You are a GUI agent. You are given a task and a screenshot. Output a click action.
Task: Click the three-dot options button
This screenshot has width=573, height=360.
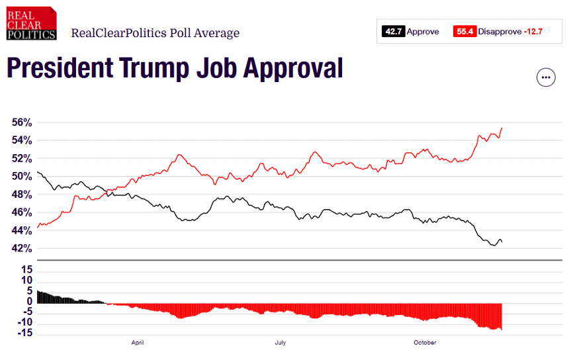[545, 77]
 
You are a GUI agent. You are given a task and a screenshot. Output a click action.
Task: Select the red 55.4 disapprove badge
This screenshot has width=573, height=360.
[465, 32]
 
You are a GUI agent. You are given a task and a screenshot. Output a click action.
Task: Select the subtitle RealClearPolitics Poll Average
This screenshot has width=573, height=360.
[155, 33]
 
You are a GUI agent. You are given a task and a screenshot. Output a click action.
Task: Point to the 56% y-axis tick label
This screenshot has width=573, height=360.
[22, 122]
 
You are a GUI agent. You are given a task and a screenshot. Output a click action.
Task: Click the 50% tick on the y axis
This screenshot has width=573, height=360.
[22, 177]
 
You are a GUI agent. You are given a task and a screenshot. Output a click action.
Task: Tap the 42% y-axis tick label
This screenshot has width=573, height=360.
[22, 249]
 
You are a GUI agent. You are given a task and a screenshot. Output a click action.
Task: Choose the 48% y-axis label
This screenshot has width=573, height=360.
[22, 195]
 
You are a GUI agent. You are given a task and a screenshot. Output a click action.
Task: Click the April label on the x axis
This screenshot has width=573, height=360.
[138, 343]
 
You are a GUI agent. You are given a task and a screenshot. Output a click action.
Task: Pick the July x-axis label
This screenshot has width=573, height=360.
[281, 343]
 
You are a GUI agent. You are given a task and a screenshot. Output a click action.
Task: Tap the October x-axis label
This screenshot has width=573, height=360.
[425, 343]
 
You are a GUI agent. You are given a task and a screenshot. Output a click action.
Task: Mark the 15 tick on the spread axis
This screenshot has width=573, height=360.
[26, 269]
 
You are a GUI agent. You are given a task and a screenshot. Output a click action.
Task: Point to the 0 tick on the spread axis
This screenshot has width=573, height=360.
[30, 302]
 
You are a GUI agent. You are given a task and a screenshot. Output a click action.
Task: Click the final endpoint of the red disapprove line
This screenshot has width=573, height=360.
[502, 128]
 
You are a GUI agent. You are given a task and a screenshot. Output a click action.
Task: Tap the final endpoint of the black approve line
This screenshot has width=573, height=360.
[502, 242]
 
